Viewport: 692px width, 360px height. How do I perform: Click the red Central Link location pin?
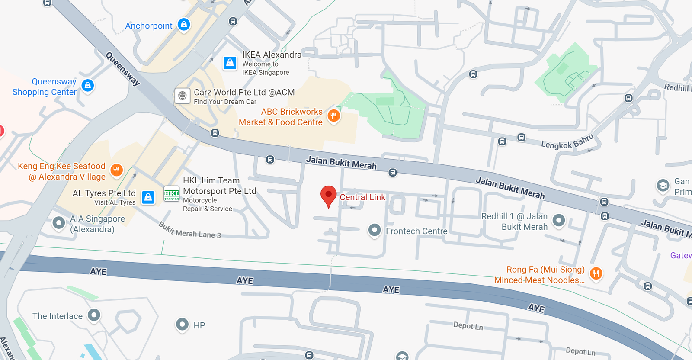pos(328,195)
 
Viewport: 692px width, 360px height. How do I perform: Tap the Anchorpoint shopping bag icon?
pos(184,25)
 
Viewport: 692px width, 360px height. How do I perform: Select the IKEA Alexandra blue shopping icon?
pos(230,63)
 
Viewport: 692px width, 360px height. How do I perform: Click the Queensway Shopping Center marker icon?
pos(88,85)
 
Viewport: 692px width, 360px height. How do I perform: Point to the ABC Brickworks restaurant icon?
pos(333,116)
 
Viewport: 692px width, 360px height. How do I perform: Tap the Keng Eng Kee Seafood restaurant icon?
pos(116,170)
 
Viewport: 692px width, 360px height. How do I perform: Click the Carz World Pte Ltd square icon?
pos(183,96)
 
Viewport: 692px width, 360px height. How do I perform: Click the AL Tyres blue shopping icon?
pos(148,197)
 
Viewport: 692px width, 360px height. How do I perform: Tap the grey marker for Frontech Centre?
pos(375,230)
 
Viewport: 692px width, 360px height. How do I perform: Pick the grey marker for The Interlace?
pos(94,315)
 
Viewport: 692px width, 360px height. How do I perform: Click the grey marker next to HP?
pos(183,324)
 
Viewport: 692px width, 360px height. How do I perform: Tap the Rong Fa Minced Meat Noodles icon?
pos(596,273)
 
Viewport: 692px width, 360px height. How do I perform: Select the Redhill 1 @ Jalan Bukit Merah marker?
pos(559,221)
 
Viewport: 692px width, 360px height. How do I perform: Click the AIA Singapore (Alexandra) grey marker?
pos(58,223)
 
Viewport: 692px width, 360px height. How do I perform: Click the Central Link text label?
pos(362,197)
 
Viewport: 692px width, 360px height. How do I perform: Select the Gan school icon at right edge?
pos(663,186)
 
